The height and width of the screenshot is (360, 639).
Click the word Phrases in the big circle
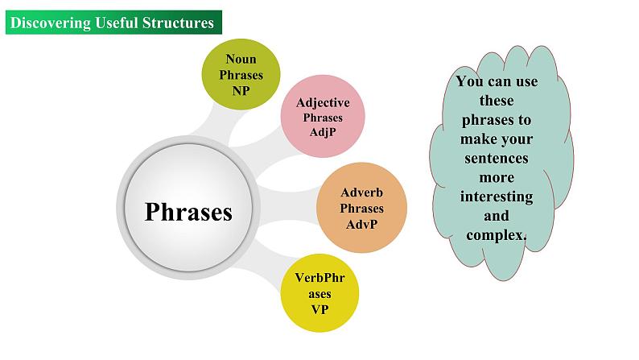pos(188,212)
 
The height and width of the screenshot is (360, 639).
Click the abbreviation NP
pos(241,90)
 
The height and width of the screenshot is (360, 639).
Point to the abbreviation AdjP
pos(323,132)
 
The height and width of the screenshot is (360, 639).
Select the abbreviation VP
pos(319,308)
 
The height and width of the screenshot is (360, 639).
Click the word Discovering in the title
pos(50,23)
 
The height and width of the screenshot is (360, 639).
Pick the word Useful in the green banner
pos(115,23)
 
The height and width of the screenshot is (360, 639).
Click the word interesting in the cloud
pos(497,197)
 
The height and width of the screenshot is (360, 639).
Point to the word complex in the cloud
pos(495,234)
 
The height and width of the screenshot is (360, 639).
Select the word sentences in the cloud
pos(497,158)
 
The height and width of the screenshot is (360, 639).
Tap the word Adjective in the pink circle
pos(323,103)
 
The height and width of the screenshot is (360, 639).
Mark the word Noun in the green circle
pos(241,59)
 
